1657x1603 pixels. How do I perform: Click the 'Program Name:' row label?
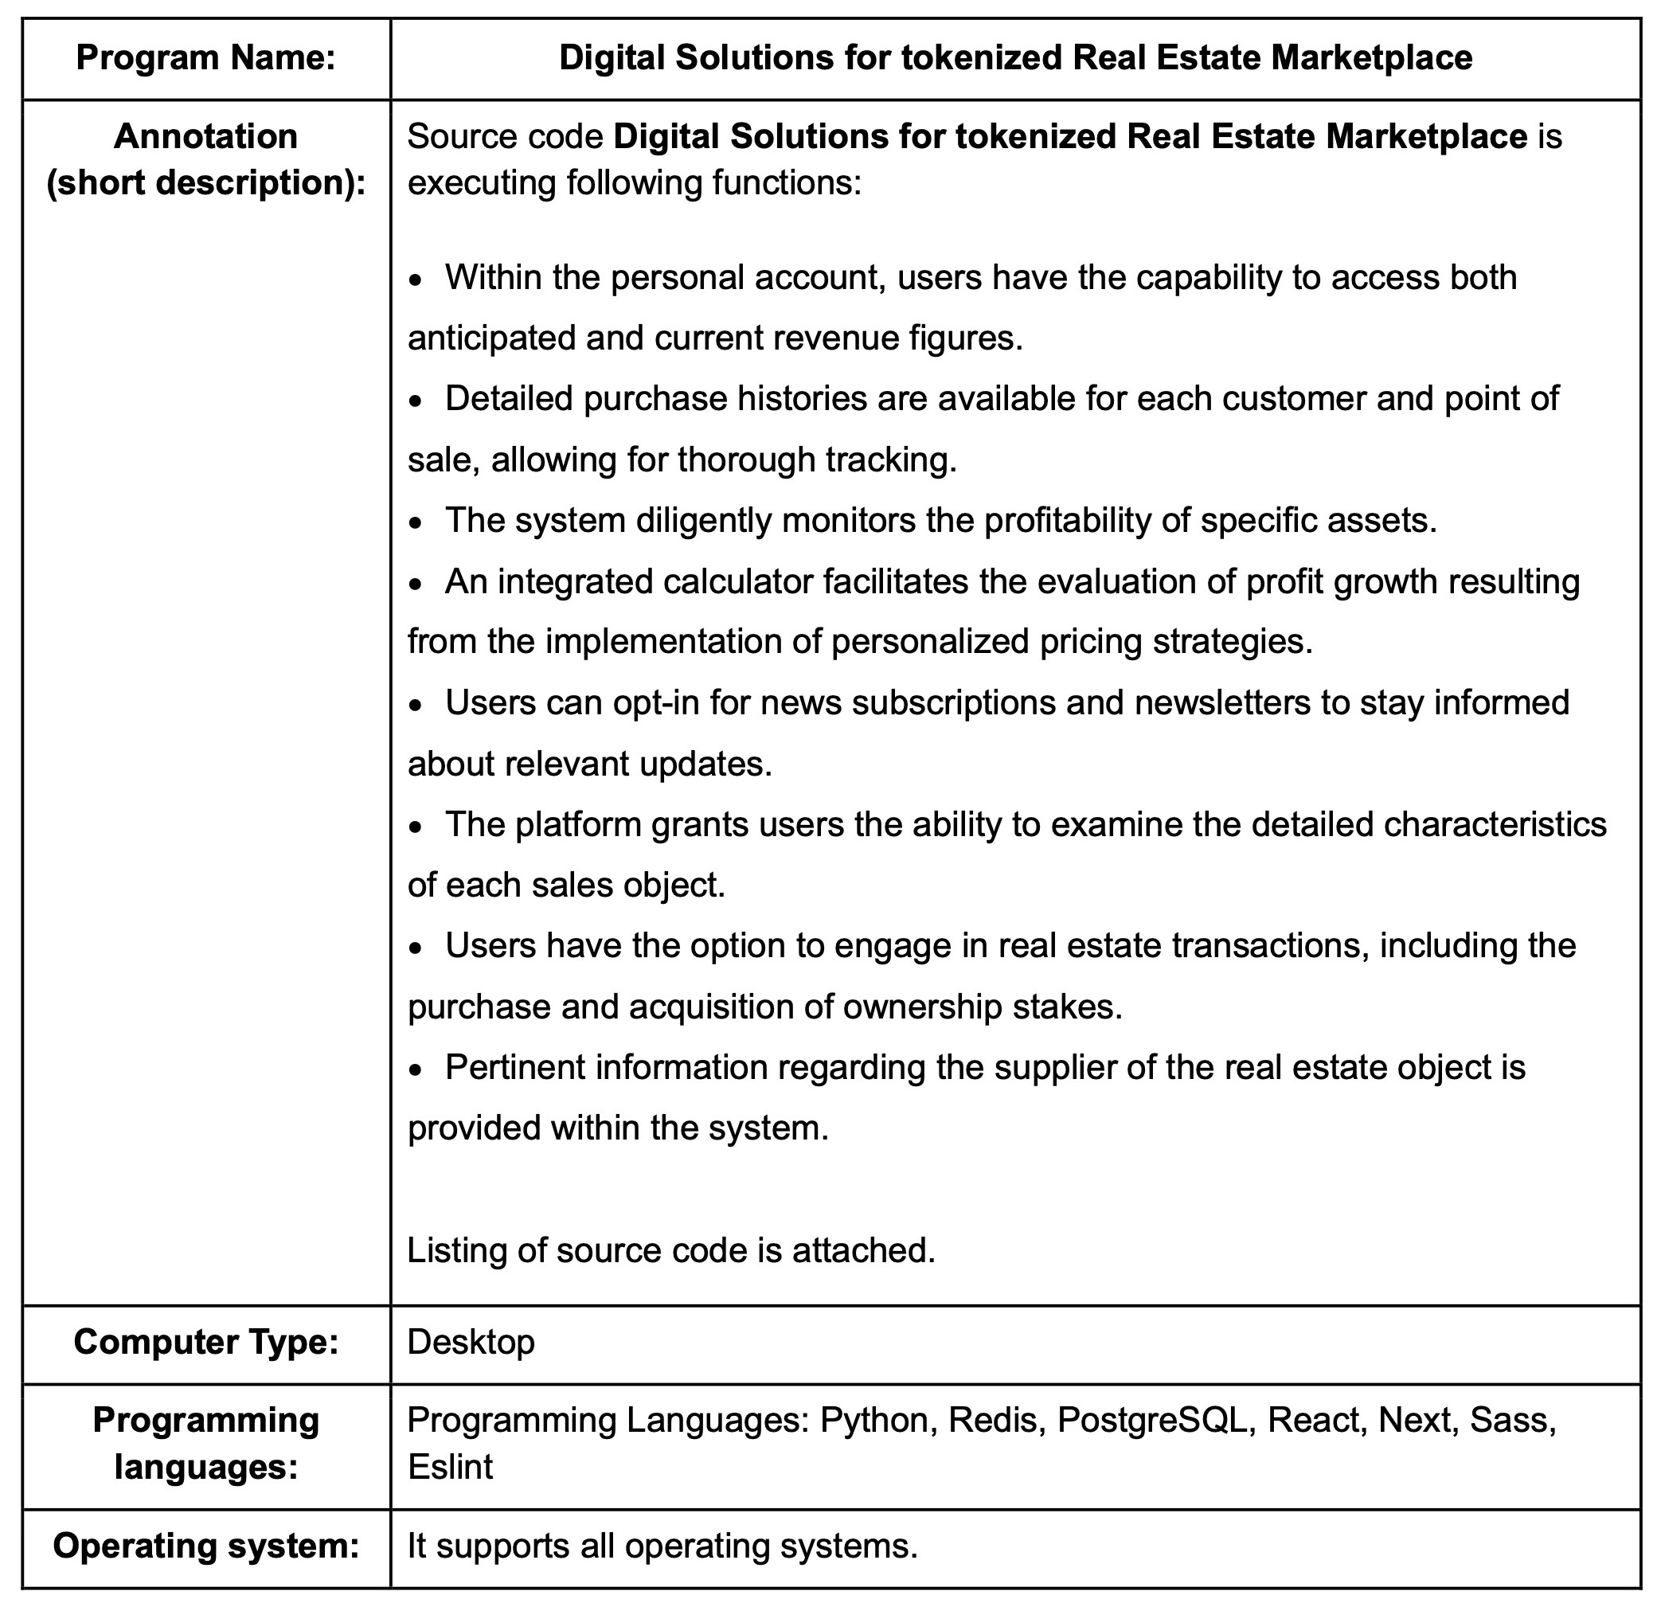[x=205, y=57]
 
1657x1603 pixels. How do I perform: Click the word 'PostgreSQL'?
[x=1152, y=1420]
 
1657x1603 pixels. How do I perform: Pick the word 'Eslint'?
[x=450, y=1466]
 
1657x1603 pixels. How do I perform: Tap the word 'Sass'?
[x=1512, y=1420]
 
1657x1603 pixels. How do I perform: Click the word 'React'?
[x=1316, y=1420]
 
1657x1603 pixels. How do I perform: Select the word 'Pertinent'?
[x=515, y=1067]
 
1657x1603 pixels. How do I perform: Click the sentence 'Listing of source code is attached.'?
[x=671, y=1249]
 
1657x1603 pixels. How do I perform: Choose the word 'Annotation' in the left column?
[x=205, y=136]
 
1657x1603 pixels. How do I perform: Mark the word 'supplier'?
[x=1053, y=1067]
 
